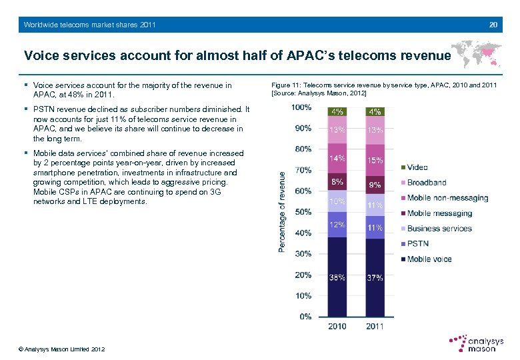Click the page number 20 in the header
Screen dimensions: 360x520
493,25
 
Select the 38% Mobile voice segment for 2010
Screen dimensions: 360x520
337,277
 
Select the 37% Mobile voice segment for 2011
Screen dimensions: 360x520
375,277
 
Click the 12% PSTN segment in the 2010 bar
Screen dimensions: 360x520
337,225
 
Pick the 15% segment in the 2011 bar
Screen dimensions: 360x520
375,161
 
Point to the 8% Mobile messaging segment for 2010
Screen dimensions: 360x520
337,181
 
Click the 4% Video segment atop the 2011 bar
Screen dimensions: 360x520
375,111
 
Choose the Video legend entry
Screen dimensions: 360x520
417,167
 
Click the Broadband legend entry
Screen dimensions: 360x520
427,182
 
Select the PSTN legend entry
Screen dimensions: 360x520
418,243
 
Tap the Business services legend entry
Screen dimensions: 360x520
439,228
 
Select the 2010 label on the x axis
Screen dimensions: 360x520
337,327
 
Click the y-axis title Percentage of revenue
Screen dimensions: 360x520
282,211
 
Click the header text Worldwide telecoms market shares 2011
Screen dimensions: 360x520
89,25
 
